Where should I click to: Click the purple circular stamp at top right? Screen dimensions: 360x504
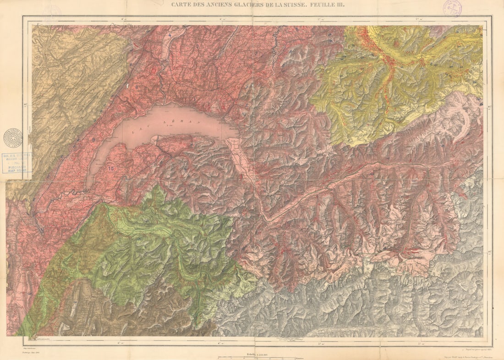click(452, 8)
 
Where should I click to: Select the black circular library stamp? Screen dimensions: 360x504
click(13, 138)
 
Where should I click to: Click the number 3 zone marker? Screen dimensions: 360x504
click(197, 46)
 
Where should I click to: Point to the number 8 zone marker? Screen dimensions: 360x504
click(136, 87)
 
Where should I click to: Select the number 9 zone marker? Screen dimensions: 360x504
click(93, 139)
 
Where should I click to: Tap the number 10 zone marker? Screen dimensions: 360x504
click(110, 168)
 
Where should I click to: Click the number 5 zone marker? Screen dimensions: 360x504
click(297, 30)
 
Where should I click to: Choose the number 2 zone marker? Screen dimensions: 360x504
click(256, 54)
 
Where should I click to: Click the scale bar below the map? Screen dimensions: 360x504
click(257, 357)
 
